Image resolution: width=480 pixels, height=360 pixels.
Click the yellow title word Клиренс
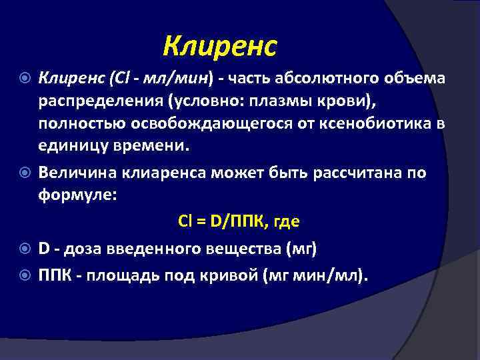[220, 46]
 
